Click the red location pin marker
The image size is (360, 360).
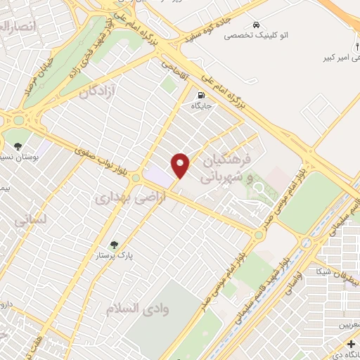(x=181, y=165)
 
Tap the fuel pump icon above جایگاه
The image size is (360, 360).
(x=202, y=96)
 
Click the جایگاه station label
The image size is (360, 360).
(x=202, y=106)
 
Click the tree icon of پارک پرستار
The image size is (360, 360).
(x=114, y=245)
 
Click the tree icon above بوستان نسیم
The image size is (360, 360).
(x=17, y=146)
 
